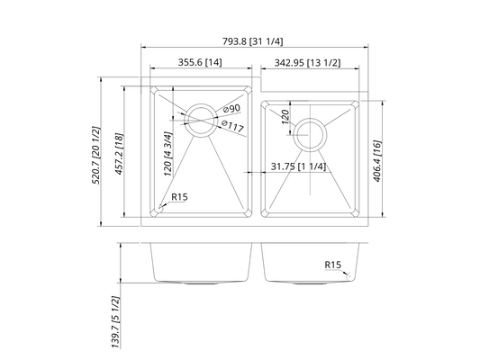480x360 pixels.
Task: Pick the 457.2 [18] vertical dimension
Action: coord(117,151)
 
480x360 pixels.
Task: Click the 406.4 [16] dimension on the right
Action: coord(379,159)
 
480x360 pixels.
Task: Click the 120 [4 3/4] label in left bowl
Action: coord(168,154)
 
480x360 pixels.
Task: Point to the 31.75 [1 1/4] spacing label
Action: coord(298,166)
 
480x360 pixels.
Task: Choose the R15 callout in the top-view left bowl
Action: coord(178,197)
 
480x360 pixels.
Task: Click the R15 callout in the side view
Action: coord(335,265)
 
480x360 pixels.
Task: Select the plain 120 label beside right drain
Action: coord(285,117)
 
